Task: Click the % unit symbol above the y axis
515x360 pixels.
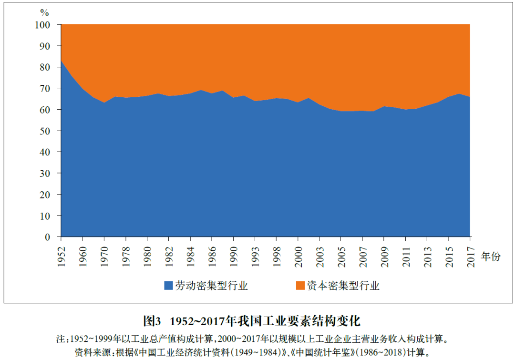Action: pyautogui.click(x=44, y=12)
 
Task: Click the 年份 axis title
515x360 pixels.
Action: pyautogui.click(x=491, y=257)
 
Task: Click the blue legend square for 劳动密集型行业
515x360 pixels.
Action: pyautogui.click(x=168, y=286)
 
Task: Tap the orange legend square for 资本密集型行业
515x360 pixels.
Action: pyautogui.click(x=300, y=286)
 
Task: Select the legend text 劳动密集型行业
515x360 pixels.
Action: pyautogui.click(x=211, y=286)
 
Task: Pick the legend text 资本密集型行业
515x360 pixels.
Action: pyautogui.click(x=343, y=286)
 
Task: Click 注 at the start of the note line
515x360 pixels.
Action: pyautogui.click(x=60, y=339)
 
